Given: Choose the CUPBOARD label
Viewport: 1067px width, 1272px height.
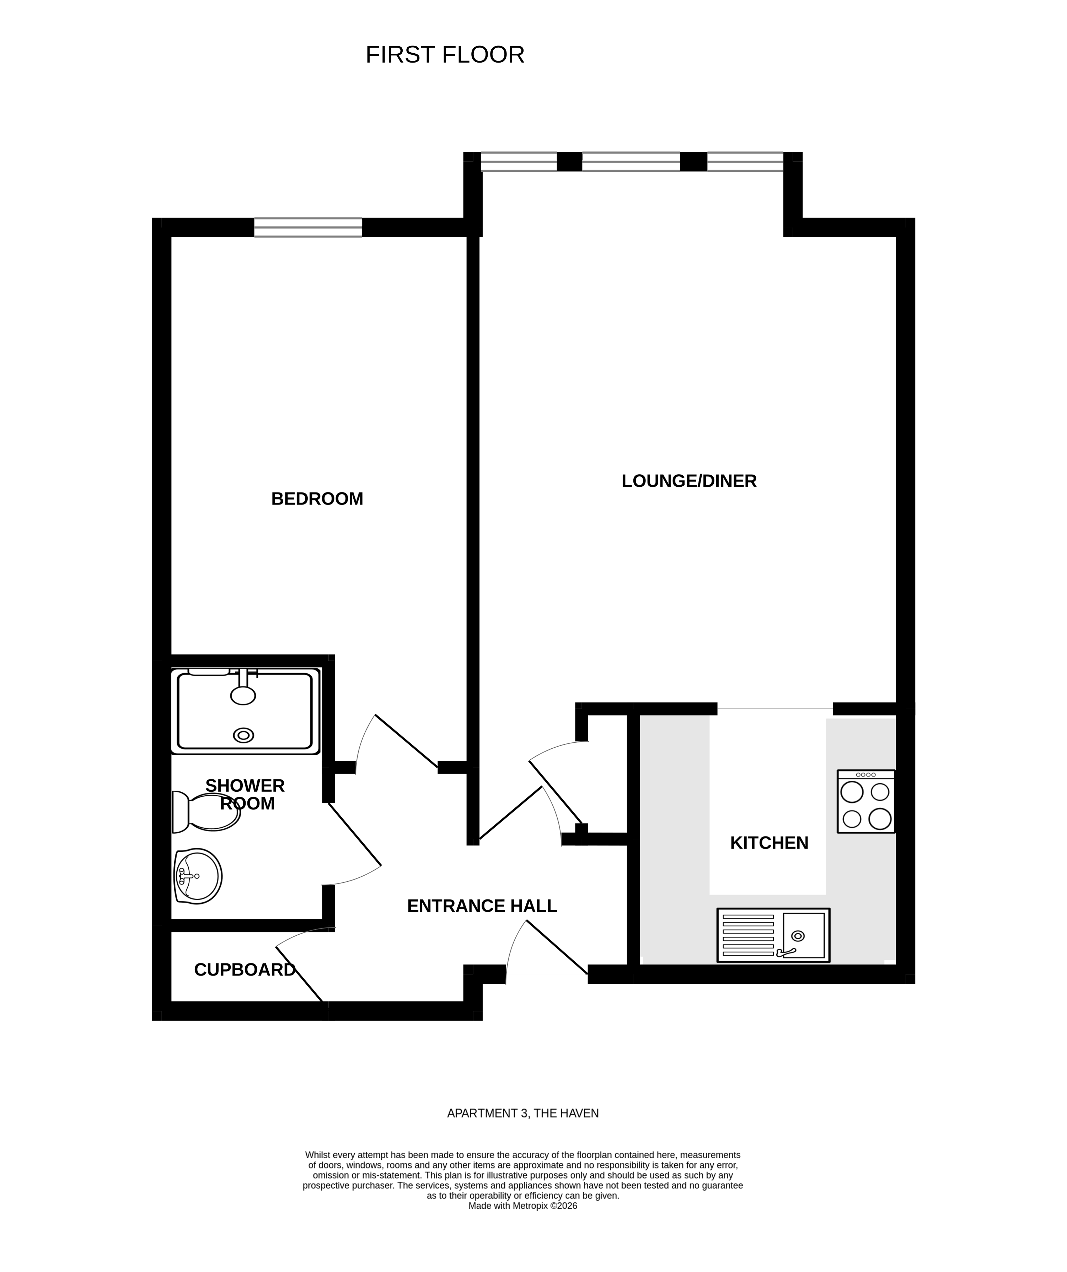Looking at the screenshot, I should (x=244, y=970).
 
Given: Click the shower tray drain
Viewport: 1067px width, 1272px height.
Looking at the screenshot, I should (x=243, y=735).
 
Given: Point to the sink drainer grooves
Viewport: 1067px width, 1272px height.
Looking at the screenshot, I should (x=748, y=936).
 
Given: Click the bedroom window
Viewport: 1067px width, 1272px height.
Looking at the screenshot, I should (x=308, y=227).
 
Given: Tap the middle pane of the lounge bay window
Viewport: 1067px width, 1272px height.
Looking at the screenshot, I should (x=631, y=162).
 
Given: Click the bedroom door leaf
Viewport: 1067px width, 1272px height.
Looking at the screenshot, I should (x=406, y=741).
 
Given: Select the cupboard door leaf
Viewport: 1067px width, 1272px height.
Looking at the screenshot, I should (x=299, y=973).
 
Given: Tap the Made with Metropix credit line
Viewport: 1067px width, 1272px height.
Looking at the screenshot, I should (x=522, y=1206).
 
